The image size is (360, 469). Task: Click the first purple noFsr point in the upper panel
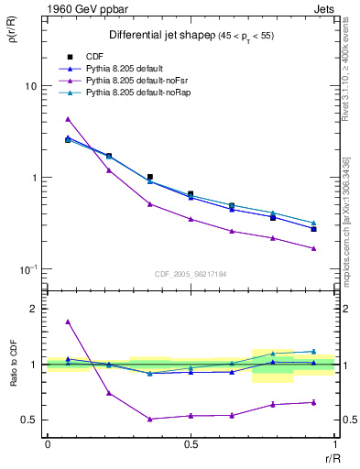[68, 119]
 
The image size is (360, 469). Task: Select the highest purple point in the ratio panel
[68, 322]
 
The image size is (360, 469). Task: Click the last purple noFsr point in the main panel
[313, 248]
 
